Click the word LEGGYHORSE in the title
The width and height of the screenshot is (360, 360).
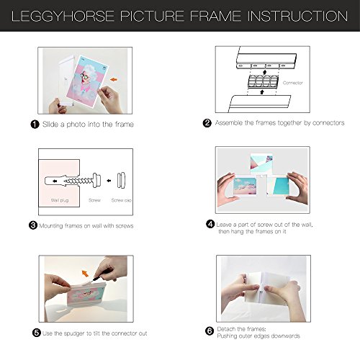click(63, 16)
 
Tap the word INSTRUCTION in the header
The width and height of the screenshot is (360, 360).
click(297, 16)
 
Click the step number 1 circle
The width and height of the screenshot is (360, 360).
click(35, 125)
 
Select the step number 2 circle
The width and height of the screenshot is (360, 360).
click(207, 123)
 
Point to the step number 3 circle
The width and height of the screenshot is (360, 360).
click(33, 225)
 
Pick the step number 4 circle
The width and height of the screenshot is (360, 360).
click(210, 224)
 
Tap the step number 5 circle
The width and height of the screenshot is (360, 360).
click(37, 333)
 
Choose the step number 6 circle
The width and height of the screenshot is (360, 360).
click(210, 331)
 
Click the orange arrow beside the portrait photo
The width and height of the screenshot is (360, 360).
click(114, 79)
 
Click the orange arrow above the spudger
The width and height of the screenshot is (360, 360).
click(85, 273)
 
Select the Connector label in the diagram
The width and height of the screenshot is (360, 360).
click(292, 83)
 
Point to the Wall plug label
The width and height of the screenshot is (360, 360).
click(60, 200)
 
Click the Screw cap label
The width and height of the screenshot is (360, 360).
click(122, 200)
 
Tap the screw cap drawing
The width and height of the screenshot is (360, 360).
click(121, 181)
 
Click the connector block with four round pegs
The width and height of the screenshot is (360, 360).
click(262, 81)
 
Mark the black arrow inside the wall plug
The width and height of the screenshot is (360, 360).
click(55, 181)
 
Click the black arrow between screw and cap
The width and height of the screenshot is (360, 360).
click(109, 181)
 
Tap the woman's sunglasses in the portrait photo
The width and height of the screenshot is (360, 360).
click(86, 76)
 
